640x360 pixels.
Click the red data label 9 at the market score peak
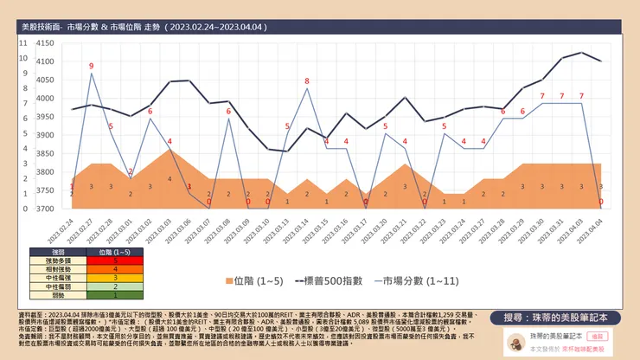91,66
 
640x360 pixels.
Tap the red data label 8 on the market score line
306,81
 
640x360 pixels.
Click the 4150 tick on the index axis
45,42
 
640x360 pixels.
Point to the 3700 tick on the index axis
45,209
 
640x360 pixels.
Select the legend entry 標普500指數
334,280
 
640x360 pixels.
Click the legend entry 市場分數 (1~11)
421,280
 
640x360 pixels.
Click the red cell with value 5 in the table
116,260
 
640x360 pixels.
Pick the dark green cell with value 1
116,295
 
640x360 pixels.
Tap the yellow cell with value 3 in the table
116,277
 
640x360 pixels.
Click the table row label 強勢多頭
58,260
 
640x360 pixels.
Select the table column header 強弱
58,251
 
